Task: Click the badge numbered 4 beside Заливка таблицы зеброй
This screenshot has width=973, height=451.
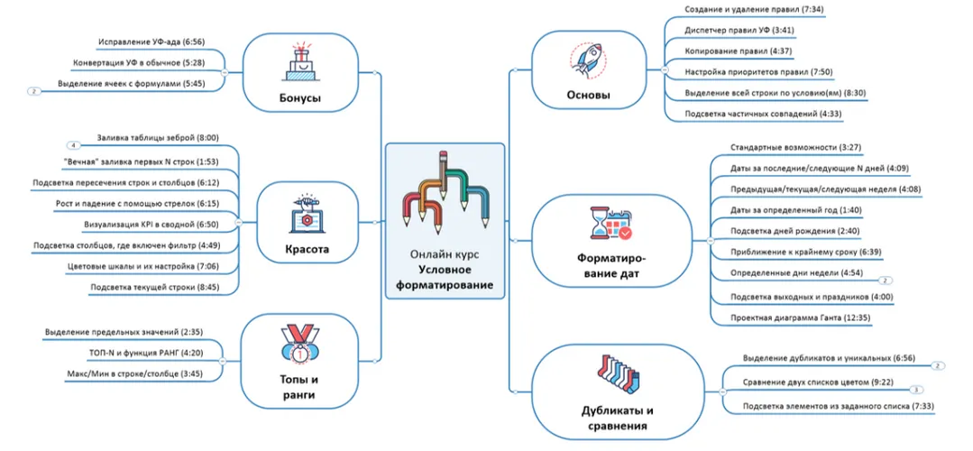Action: [75, 144]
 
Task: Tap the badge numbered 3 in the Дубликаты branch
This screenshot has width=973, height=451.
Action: [915, 389]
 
